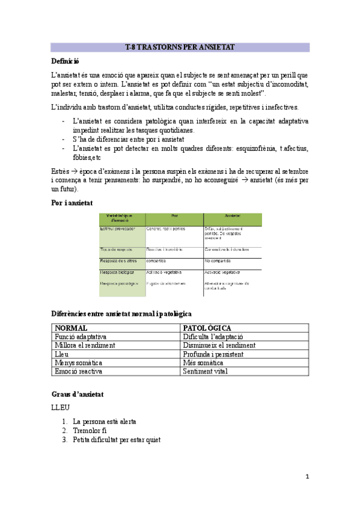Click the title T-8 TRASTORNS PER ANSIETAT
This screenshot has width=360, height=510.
point(180,47)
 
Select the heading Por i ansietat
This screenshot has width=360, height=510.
point(72,203)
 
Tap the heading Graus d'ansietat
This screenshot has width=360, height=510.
point(78,394)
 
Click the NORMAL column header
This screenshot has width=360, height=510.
point(71,328)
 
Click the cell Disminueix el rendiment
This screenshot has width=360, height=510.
point(219,345)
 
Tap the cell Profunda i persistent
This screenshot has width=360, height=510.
point(213,354)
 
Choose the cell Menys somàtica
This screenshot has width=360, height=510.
point(78,363)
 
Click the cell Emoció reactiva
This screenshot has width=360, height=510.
point(78,371)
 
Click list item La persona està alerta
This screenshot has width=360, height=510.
point(104,422)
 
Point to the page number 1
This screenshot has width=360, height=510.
point(307,478)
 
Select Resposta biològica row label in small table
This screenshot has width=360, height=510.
point(118,272)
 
